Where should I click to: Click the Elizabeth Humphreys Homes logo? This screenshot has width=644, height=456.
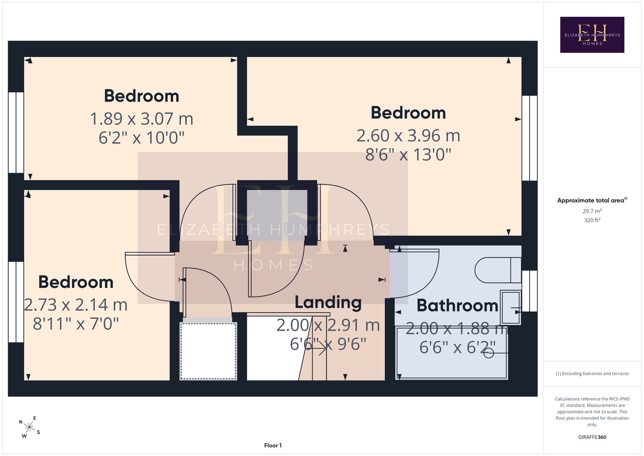point(592,35)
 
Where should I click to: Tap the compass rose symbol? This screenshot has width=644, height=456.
point(29,427)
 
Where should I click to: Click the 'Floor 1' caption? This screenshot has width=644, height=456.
point(273,446)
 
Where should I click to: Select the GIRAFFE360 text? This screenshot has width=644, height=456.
point(592,437)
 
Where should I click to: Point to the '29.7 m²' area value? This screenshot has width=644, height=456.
point(592,211)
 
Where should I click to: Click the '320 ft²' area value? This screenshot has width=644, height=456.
point(592,220)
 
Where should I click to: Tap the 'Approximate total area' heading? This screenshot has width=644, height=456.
point(592,200)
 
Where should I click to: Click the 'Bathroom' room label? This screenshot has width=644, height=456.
point(458,305)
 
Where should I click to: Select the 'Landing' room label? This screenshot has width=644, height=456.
point(328,302)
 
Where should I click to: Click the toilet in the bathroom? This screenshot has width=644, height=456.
point(498,270)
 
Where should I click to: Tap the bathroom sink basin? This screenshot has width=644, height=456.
point(510,307)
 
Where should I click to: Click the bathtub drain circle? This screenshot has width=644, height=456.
point(489,353)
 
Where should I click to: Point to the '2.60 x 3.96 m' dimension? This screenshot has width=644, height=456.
point(408,135)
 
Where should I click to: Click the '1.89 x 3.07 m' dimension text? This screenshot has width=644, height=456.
point(141,119)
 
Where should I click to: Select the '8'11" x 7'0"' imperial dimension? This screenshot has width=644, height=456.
point(76,324)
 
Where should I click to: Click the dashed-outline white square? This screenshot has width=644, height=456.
point(208,351)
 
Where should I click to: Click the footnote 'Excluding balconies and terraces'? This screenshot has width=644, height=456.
point(592,373)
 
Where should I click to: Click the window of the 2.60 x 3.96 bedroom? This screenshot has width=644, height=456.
point(530,138)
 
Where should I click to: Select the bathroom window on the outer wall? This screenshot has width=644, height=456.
point(530,291)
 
